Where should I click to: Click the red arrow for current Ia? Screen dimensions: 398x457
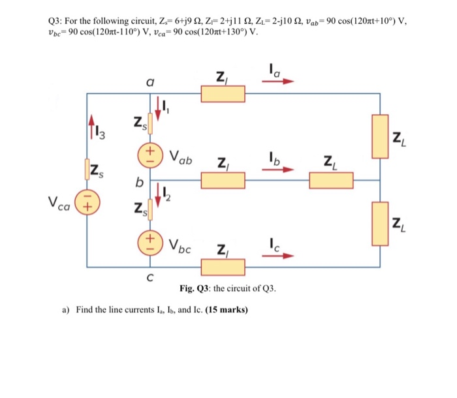(x=280, y=82)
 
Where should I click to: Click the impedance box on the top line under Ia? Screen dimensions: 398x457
(x=223, y=94)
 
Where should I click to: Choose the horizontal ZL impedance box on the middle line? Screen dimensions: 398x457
(x=330, y=179)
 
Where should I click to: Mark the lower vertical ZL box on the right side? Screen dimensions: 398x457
(x=381, y=224)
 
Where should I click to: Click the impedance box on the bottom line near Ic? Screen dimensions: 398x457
(x=223, y=267)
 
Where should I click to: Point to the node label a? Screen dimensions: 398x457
(x=150, y=82)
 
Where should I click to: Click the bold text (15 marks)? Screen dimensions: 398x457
(x=227, y=310)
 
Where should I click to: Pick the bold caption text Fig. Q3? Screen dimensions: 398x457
(x=194, y=288)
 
